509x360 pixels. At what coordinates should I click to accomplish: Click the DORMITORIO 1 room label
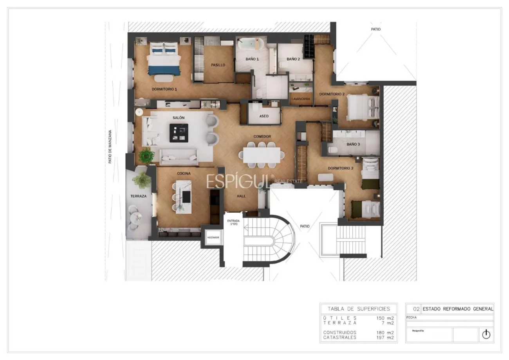click(x=164, y=89)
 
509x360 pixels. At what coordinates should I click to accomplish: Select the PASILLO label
click(x=218, y=65)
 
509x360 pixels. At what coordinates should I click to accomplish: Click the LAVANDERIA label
click(x=301, y=99)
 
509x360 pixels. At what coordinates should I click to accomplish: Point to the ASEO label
click(x=264, y=116)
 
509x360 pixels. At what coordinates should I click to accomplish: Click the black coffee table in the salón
click(x=179, y=133)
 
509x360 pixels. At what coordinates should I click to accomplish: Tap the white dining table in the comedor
click(x=262, y=154)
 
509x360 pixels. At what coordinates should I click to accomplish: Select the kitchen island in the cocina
click(x=183, y=197)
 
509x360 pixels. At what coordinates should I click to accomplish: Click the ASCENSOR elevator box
click(x=213, y=238)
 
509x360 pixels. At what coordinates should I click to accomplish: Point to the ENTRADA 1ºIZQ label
click(x=233, y=223)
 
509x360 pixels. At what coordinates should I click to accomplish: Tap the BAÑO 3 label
click(x=353, y=144)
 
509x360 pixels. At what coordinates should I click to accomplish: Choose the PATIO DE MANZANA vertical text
click(x=110, y=147)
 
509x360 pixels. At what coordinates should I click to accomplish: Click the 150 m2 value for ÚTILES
click(x=385, y=318)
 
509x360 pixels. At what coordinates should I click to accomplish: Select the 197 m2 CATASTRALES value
click(x=385, y=337)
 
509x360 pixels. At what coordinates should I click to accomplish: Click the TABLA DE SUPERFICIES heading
click(x=359, y=308)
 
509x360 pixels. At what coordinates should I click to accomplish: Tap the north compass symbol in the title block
click(x=486, y=334)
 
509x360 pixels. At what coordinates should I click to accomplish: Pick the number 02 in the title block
click(x=416, y=309)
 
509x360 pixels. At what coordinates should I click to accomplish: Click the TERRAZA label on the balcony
click(x=139, y=196)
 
